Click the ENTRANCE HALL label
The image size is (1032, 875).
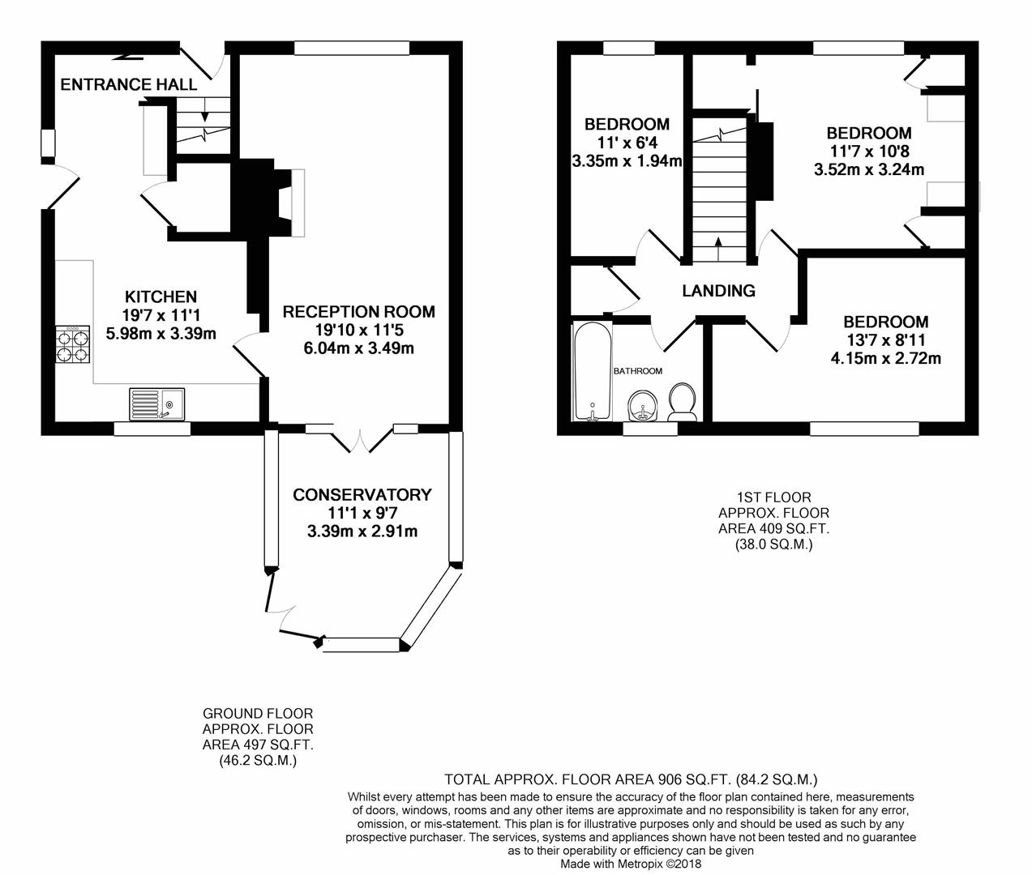pos(129,84)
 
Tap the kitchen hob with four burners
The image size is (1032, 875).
pos(73,344)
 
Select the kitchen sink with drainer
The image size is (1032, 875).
pos(156,403)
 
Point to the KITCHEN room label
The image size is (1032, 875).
pos(161,297)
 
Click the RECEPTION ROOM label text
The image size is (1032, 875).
pos(359,312)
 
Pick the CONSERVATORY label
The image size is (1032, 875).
pos(362,494)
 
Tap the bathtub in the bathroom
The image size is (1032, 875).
pos(593,372)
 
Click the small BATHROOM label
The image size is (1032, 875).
pos(638,371)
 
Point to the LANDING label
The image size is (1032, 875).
pos(718,290)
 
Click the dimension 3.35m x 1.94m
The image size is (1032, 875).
pos(627,161)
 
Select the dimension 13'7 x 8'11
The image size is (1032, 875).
pos(886,340)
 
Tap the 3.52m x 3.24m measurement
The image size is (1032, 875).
pos(869,169)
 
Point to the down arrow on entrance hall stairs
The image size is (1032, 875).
pos(205,109)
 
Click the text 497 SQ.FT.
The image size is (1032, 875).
pos(279,745)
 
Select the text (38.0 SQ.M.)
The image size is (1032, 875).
pos(773,544)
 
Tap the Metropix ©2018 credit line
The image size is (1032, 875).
pos(631,864)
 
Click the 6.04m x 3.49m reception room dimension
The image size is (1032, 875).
pos(359,348)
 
